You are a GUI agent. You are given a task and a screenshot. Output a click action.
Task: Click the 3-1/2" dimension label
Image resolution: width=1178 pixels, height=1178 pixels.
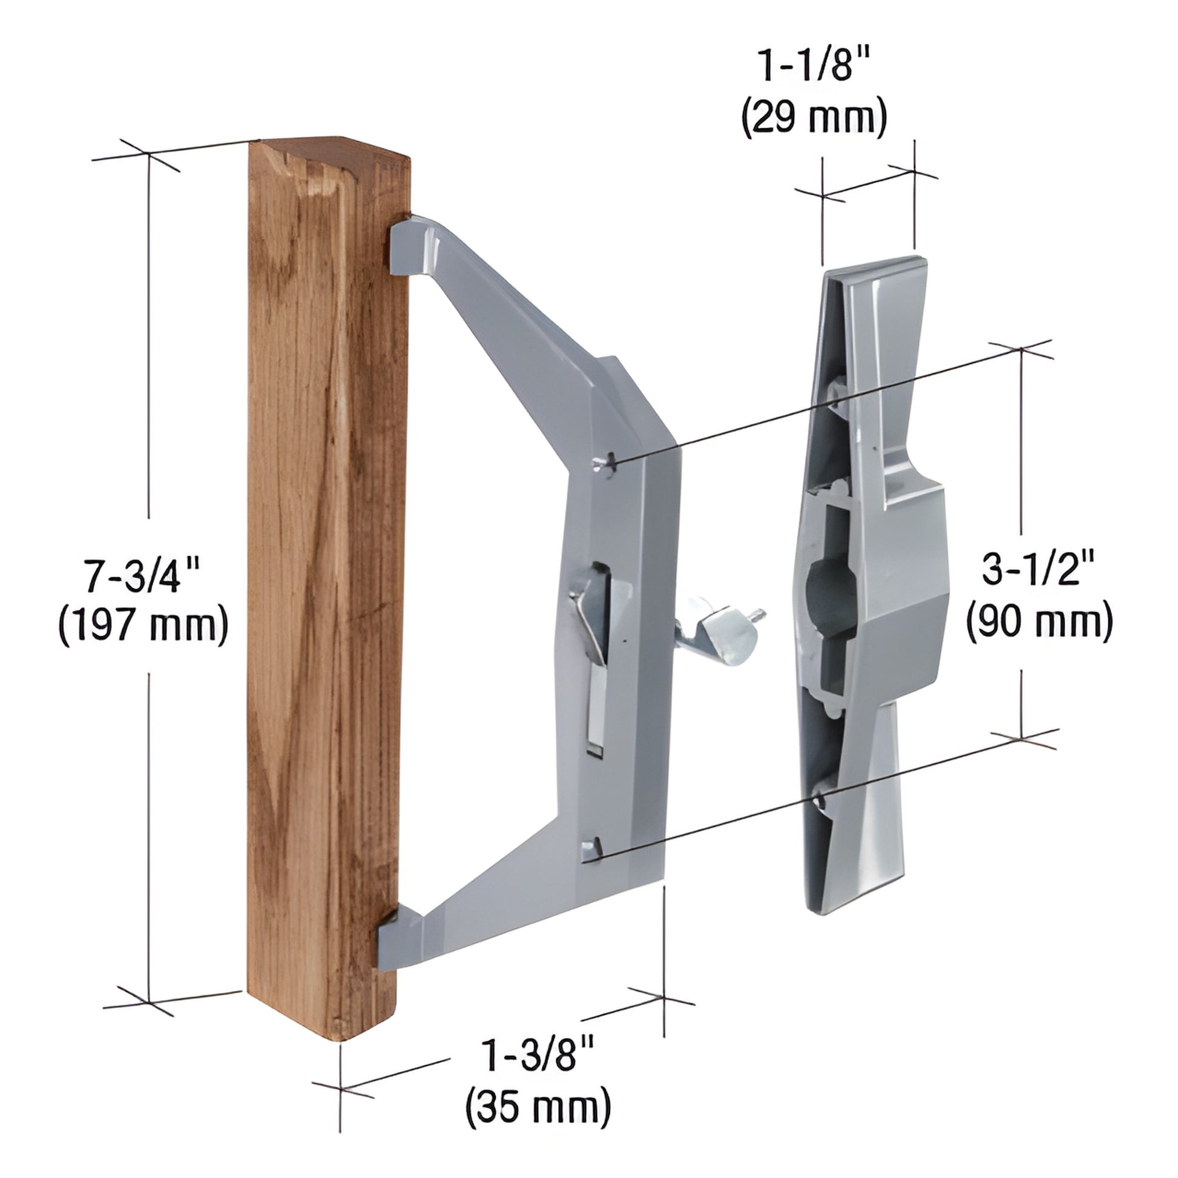(x=1039, y=573)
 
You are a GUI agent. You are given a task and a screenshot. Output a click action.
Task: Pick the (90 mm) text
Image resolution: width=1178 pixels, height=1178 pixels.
(x=1039, y=620)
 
